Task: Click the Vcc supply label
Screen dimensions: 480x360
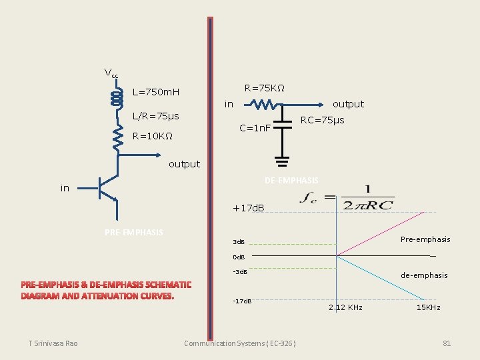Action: click(x=111, y=73)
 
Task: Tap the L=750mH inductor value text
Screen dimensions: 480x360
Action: click(x=161, y=92)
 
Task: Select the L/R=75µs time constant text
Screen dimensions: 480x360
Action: click(x=155, y=116)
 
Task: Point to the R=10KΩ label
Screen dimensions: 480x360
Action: click(x=153, y=137)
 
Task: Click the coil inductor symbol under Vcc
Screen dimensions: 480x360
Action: click(x=117, y=98)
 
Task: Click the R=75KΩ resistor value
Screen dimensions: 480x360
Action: click(x=265, y=88)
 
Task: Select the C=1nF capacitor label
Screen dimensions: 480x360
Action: click(x=255, y=127)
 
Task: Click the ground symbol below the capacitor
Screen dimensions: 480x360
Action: click(x=282, y=161)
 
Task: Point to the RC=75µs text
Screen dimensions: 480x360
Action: click(x=322, y=121)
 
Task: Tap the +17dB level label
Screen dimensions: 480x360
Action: click(x=248, y=209)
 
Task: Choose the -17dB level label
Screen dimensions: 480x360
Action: click(x=241, y=301)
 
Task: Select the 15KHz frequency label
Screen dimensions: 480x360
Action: click(x=428, y=308)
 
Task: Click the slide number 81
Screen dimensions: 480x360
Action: click(x=447, y=343)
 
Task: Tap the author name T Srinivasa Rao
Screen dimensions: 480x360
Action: click(x=53, y=343)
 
